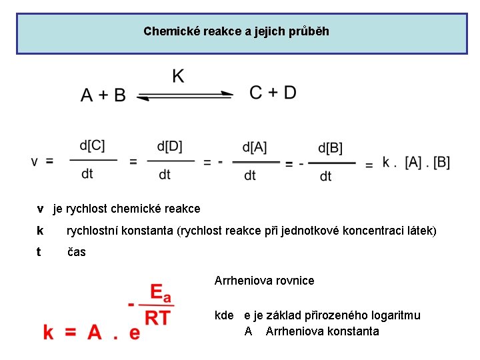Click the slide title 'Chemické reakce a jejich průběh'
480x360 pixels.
pos(236,31)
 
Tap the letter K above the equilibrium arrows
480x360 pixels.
pos(178,76)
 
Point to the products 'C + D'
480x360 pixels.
pos(273,93)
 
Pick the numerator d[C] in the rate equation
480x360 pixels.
pos(92,146)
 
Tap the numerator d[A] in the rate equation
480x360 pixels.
pos(255,147)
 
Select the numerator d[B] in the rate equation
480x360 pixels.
pos(330,147)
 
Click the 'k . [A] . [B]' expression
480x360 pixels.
pos(416,162)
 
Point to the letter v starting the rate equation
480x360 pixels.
pos(35,161)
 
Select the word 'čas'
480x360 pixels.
pos(77,252)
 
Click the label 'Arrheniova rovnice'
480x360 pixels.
pos(264,281)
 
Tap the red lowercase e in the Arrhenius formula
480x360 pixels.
pos(135,333)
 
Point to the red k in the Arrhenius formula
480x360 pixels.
pos(49,331)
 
